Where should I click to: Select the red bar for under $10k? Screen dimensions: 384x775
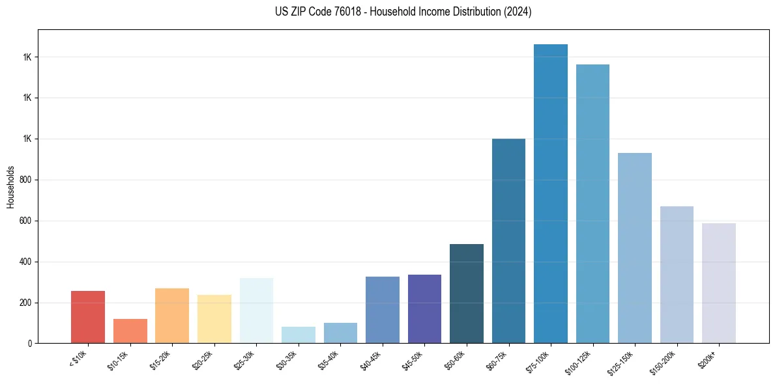tap(88, 317)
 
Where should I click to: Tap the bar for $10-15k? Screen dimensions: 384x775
tap(130, 331)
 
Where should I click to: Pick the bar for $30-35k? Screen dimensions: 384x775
tap(298, 335)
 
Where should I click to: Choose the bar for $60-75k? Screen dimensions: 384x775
tap(508, 241)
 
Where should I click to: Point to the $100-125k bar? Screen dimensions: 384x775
tap(592, 204)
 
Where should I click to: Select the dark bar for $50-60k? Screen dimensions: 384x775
tap(466, 294)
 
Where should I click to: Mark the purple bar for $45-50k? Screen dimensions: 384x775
tap(424, 309)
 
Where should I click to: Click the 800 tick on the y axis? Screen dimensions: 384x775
tap(27, 180)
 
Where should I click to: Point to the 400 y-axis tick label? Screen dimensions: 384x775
tap(27, 262)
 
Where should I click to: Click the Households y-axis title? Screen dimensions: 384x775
tap(10, 186)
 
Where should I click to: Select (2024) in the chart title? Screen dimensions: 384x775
tap(517, 12)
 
